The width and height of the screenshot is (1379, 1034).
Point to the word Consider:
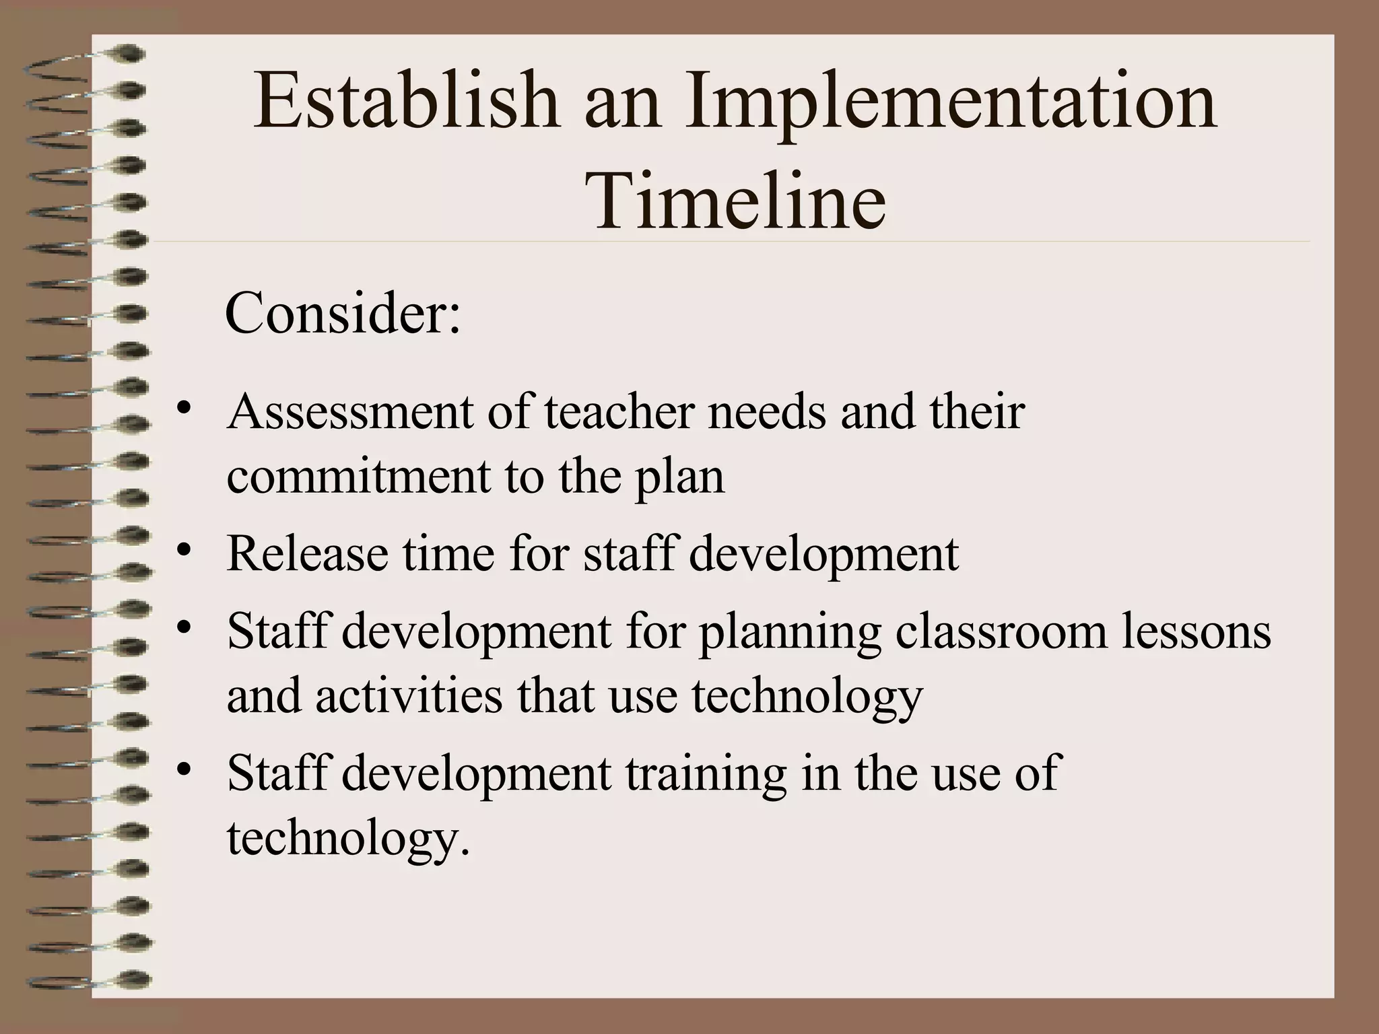343,313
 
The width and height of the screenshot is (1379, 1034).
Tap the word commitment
358,476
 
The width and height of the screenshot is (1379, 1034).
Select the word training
706,773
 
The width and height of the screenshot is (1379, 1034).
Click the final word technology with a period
348,838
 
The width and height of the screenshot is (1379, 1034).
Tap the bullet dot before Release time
183,551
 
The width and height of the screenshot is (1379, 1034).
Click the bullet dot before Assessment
183,409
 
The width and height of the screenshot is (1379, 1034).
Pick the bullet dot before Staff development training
183,770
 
